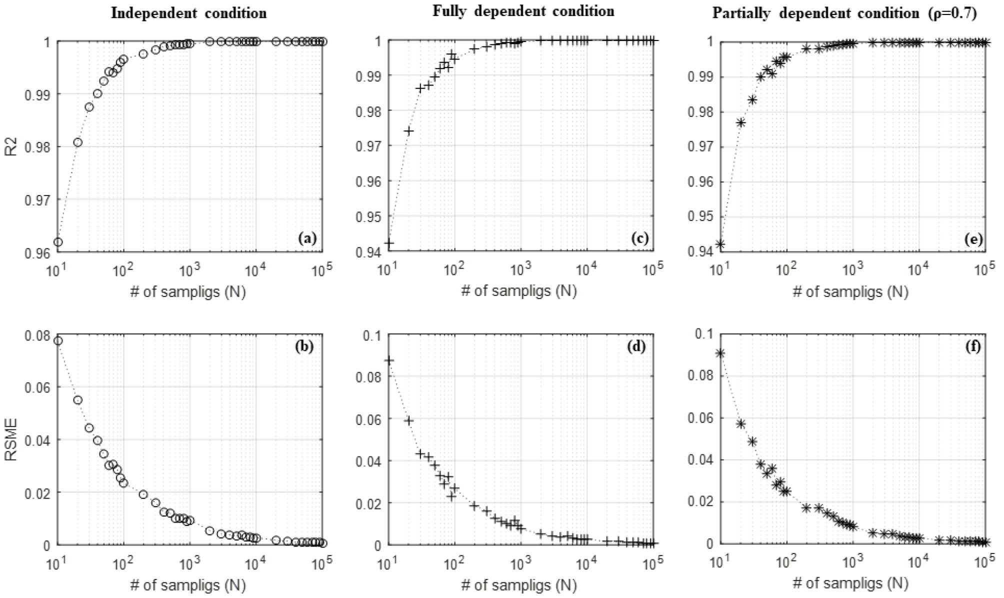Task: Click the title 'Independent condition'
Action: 188,13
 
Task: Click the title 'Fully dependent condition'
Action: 523,11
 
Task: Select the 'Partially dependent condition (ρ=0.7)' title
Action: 844,13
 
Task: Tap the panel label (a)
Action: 307,238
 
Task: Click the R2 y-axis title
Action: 11,146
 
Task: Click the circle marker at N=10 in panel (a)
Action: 58,242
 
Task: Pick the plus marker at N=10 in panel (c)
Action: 389,243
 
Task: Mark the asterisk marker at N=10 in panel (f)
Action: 720,353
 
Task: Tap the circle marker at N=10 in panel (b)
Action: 58,341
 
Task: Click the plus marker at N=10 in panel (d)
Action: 389,360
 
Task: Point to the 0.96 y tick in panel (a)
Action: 37,252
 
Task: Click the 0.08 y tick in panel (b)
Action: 37,334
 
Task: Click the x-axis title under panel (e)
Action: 850,291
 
